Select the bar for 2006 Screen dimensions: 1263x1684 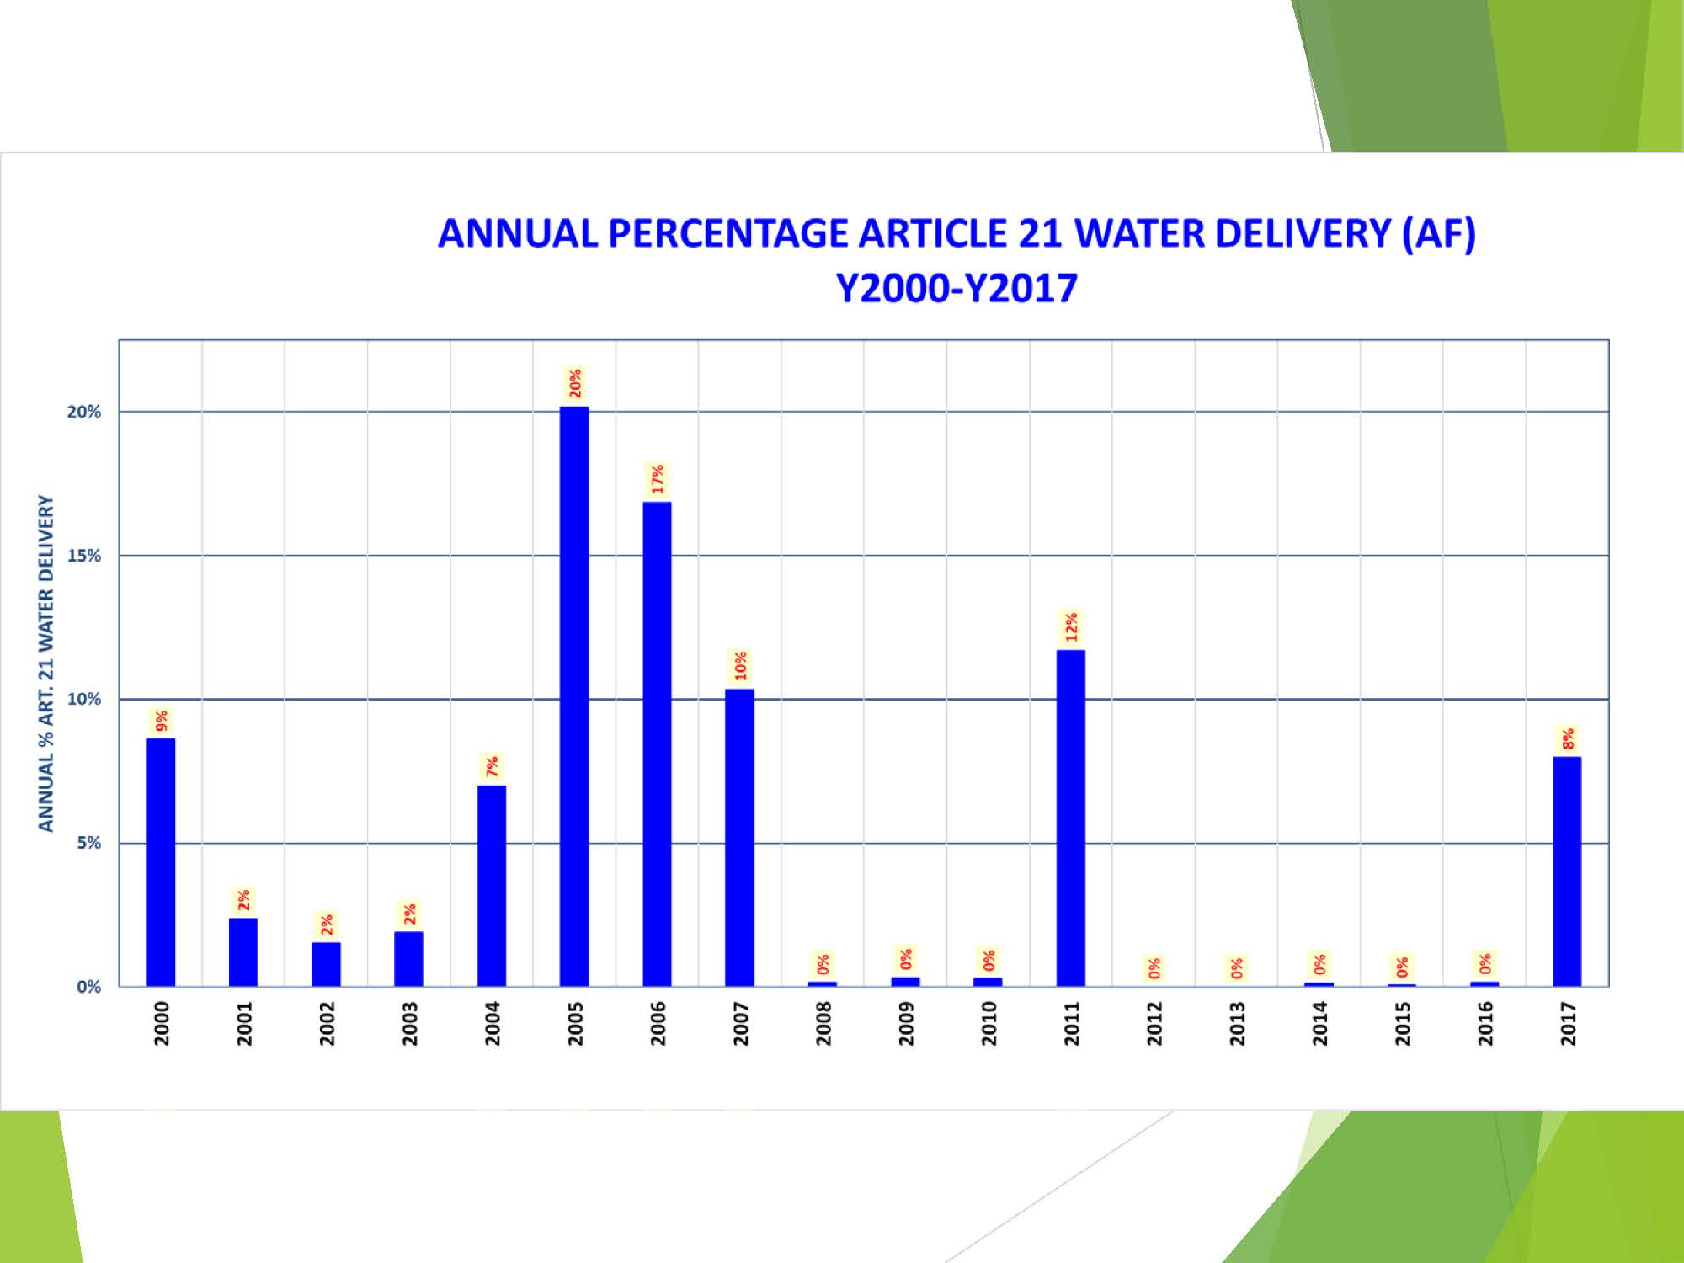pyautogui.click(x=657, y=744)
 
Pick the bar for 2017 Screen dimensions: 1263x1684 pyautogui.click(x=1567, y=871)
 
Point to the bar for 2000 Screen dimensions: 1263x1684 pyautogui.click(x=160, y=862)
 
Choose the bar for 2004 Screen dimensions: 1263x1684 pyautogui.click(x=492, y=886)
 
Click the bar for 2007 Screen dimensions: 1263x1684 pyautogui.click(x=739, y=838)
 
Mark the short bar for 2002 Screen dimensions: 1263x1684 pyautogui.click(x=326, y=964)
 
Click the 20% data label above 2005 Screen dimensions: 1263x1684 pyautogui.click(x=575, y=384)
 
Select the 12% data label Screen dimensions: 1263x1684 pyautogui.click(x=1071, y=627)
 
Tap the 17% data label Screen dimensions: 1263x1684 pyautogui.click(x=658, y=479)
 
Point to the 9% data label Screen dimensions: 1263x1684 pyautogui.click(x=161, y=721)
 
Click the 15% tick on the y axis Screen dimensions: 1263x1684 pyautogui.click(x=84, y=556)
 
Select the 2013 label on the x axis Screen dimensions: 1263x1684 pyautogui.click(x=1237, y=1023)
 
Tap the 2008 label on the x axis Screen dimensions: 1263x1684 pyautogui.click(x=823, y=1023)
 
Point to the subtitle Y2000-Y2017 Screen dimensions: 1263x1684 pyautogui.click(x=957, y=288)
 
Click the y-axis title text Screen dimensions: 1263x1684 pyautogui.click(x=45, y=663)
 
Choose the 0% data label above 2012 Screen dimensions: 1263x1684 pyautogui.click(x=1154, y=968)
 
